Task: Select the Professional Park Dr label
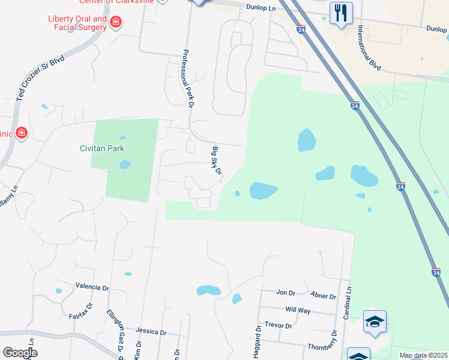point(187,79)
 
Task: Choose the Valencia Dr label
point(92,287)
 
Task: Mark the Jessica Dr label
point(151,331)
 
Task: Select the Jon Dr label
point(286,293)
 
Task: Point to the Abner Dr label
point(324,296)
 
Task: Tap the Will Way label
point(298,310)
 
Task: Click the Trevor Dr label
point(278,326)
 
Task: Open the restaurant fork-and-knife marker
point(341,13)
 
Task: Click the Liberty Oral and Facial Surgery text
point(78,23)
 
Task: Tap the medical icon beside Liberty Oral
point(116,23)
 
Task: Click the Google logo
point(20,353)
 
